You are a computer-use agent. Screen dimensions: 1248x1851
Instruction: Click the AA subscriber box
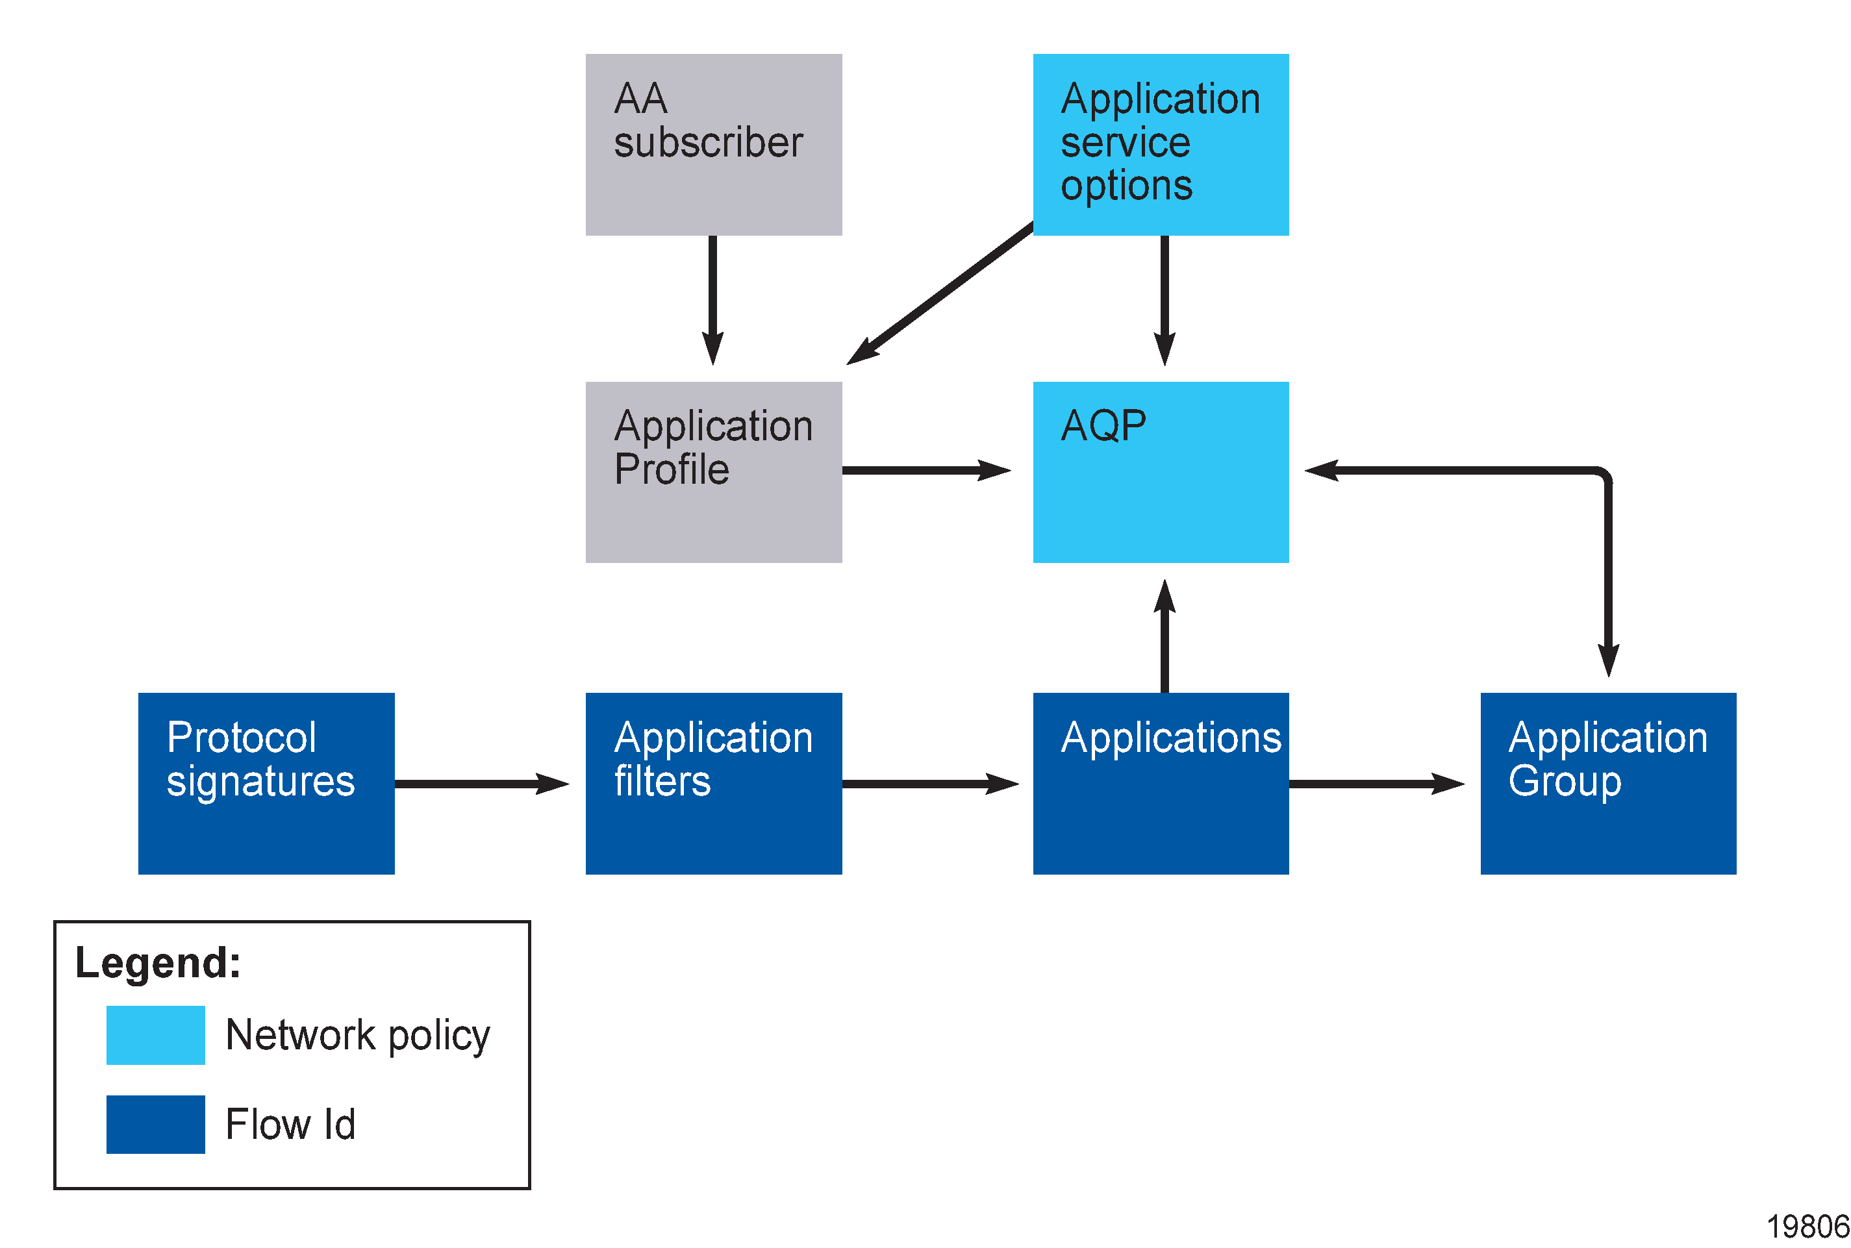[713, 145]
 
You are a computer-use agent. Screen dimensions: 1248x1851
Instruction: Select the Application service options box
[1160, 145]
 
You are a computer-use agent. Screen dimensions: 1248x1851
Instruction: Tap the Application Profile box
[713, 472]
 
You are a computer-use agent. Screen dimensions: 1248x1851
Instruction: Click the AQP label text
[1103, 426]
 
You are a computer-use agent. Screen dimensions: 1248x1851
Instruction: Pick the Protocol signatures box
[266, 783]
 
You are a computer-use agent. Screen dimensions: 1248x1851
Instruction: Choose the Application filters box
[713, 783]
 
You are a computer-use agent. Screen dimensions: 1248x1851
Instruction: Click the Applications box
[1160, 783]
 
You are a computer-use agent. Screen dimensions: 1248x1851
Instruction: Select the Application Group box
[1607, 783]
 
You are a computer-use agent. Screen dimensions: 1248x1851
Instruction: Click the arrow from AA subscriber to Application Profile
[712, 299]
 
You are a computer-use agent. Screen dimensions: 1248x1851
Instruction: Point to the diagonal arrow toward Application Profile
[939, 295]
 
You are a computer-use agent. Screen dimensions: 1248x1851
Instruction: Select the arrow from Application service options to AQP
[1164, 299]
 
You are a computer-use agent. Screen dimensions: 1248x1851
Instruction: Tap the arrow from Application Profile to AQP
[924, 470]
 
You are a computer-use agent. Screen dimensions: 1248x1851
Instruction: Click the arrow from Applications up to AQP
[1164, 637]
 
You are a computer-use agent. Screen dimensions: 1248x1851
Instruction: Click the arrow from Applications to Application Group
[1375, 784]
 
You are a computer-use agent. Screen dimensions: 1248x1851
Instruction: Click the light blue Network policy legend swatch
[155, 1034]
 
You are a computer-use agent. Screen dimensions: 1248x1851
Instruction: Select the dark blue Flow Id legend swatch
[155, 1124]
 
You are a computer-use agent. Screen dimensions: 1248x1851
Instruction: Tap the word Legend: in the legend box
[158, 963]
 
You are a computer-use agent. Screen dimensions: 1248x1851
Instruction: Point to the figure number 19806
[1807, 1227]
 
